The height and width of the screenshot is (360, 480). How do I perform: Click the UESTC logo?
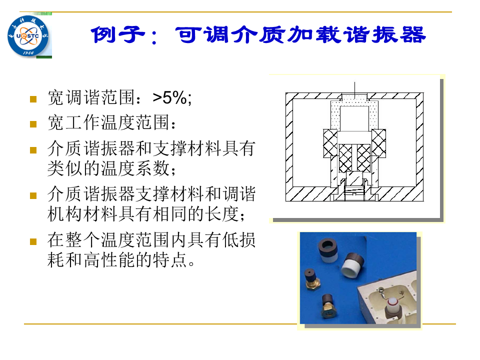28,36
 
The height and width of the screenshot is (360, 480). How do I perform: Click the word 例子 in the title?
117,34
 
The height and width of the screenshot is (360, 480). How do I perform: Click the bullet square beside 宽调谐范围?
33,99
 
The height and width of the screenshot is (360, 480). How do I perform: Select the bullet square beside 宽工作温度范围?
33,124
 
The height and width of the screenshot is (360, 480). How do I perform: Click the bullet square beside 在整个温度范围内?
33,242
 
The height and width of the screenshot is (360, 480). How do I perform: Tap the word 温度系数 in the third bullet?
135,168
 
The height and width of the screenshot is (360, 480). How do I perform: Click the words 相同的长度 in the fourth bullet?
195,213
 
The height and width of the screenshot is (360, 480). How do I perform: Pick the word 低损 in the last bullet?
238,239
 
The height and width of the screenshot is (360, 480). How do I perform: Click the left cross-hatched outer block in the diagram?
330,143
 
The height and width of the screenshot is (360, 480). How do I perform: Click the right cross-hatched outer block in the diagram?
378,143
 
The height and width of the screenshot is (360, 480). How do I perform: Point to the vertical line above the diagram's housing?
355,90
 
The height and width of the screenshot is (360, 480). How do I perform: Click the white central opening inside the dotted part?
354,118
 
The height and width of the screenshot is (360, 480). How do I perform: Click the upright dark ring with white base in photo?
328,251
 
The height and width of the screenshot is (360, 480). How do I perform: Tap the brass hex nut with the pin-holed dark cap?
312,279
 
